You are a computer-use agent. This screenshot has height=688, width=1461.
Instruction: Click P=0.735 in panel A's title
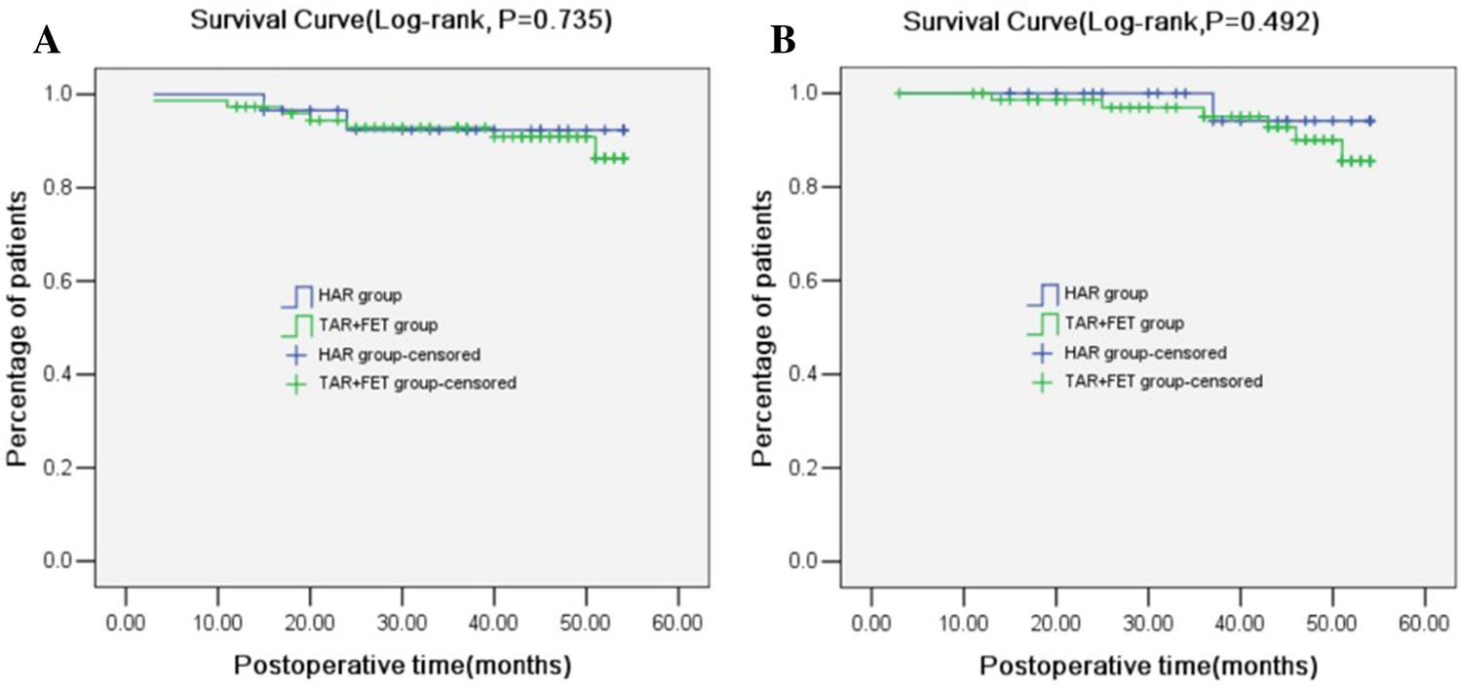click(x=558, y=19)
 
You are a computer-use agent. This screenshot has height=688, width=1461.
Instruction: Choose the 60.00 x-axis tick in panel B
click(x=1425, y=622)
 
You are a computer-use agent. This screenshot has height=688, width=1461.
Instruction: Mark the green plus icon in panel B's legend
click(x=1044, y=382)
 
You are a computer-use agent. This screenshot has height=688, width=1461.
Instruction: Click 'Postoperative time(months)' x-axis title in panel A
click(x=402, y=666)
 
